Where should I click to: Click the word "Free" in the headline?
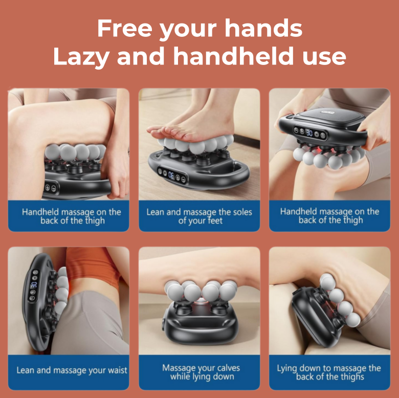[x=125, y=28]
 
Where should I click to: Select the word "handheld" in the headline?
[x=234, y=55]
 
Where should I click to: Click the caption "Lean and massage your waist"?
[x=72, y=370]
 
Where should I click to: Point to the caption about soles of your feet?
[x=199, y=216]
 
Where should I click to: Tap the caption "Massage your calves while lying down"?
[x=201, y=372]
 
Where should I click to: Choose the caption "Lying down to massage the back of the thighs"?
[x=329, y=372]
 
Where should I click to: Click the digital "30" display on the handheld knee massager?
[x=309, y=132]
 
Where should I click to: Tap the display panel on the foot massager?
[x=172, y=175]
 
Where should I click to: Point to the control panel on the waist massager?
[x=34, y=285]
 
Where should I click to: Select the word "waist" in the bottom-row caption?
[x=116, y=370]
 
